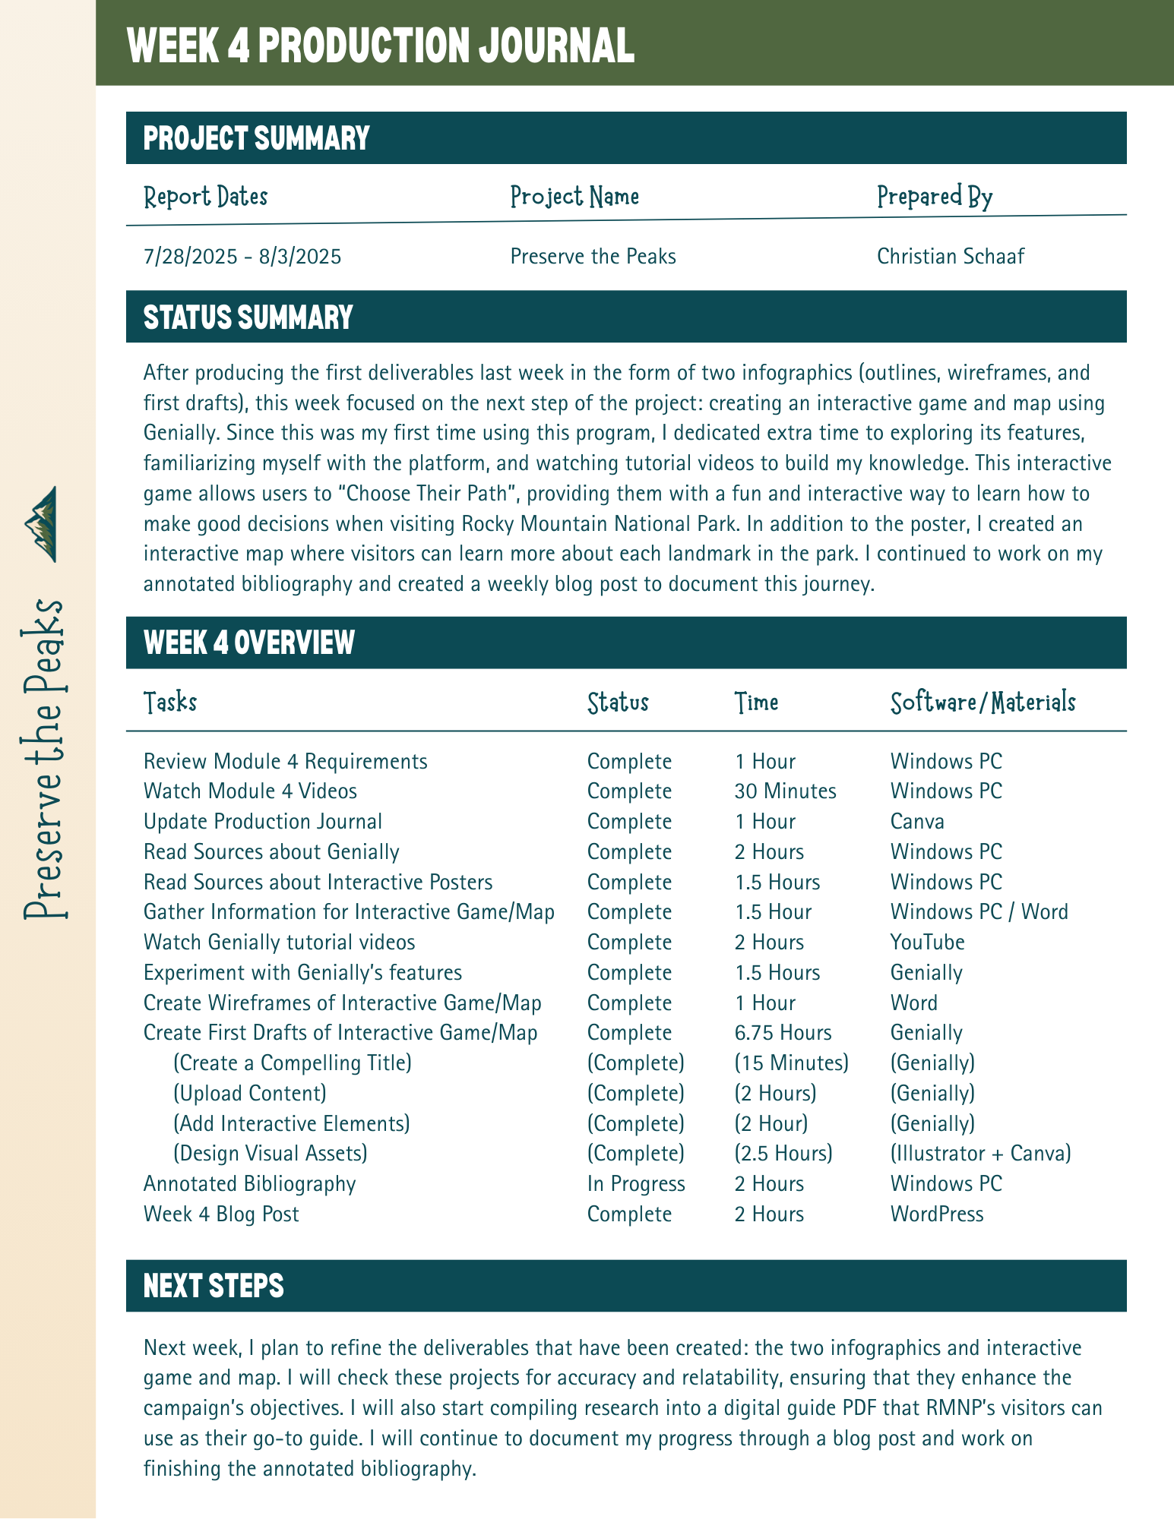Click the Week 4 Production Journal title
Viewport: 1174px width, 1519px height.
[381, 46]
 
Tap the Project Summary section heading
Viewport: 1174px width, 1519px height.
[256, 138]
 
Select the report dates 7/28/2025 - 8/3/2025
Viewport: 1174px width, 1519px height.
[242, 257]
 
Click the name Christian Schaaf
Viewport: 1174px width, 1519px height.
[950, 257]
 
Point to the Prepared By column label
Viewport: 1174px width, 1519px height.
[934, 197]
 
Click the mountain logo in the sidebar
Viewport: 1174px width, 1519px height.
[43, 524]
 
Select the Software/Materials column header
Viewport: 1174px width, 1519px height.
[983, 703]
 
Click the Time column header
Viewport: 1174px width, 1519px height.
[756, 703]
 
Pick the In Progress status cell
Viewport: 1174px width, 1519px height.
[636, 1184]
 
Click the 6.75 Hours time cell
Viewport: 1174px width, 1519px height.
[783, 1033]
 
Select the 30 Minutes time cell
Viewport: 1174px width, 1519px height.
[785, 791]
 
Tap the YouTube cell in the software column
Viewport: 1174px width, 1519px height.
[927, 943]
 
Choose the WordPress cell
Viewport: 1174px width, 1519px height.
[937, 1214]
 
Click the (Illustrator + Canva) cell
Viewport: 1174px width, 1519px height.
[980, 1154]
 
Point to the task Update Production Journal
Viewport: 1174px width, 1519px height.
[262, 822]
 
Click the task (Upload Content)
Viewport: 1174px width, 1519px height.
[250, 1094]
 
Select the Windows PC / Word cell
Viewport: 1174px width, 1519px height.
[979, 912]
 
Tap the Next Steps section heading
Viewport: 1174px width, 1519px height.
[214, 1287]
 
